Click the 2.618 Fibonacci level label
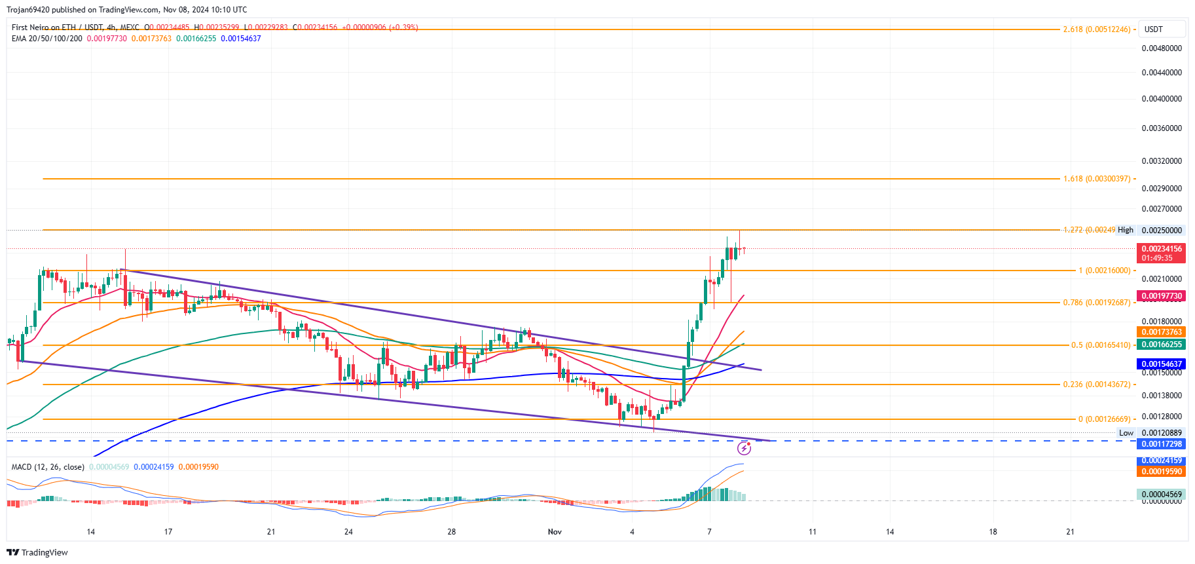[1096, 29]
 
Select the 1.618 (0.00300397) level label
[1096, 179]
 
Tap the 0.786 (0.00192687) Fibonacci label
[1096, 303]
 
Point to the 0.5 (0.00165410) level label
[1100, 345]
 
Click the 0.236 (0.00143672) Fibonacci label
[1096, 385]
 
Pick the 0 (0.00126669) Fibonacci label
[1104, 419]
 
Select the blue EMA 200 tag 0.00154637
[1162, 364]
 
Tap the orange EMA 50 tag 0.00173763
[1162, 332]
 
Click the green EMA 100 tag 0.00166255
[1162, 345]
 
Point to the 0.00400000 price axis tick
[1162, 99]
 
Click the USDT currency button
[1154, 29]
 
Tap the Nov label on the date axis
[555, 532]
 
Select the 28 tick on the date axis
[451, 532]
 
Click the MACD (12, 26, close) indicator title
[48, 467]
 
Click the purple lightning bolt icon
[744, 448]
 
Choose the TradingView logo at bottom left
[37, 552]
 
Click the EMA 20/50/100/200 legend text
[47, 39]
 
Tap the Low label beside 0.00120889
[1126, 433]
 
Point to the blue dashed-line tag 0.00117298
[1162, 444]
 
